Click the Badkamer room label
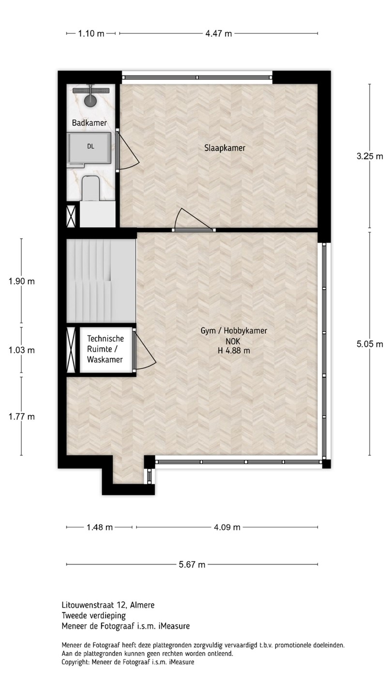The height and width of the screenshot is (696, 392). click(x=89, y=123)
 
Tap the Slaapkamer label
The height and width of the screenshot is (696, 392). click(x=225, y=148)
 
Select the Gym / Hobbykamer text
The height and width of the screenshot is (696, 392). click(x=234, y=331)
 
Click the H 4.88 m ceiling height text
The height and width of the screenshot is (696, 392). click(x=234, y=351)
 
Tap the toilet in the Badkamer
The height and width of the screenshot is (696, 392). click(x=90, y=188)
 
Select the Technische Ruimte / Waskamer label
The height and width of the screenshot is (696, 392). click(x=105, y=349)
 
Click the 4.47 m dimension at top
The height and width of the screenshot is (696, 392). click(x=218, y=33)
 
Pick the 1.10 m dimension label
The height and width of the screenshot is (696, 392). click(x=91, y=33)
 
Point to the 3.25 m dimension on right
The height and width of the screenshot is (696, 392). click(x=370, y=156)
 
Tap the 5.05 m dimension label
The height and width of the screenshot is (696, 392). click(x=370, y=344)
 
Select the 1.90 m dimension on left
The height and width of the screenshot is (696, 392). click(x=21, y=281)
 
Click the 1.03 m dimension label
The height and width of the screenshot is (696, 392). click(x=21, y=350)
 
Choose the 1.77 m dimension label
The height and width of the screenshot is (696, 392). click(x=21, y=417)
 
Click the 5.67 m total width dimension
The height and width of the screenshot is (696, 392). click(x=192, y=565)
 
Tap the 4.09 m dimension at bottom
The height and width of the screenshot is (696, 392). click(x=227, y=527)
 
